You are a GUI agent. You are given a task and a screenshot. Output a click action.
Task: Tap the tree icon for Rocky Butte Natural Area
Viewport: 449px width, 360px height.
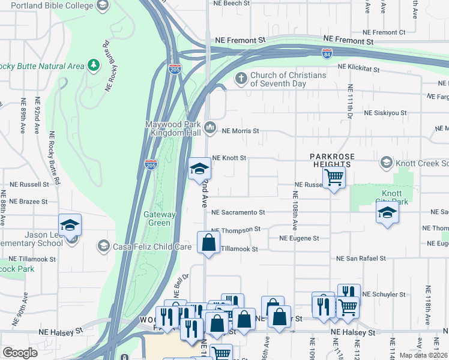(x=93, y=64)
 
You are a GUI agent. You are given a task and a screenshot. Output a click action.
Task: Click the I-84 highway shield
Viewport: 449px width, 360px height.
(x=327, y=53)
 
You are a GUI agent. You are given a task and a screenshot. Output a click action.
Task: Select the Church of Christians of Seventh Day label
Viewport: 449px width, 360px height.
(x=288, y=79)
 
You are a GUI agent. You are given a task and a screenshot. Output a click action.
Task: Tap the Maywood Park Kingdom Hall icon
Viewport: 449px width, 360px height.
(x=210, y=127)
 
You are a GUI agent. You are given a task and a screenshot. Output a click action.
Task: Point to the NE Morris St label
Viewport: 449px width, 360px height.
(x=240, y=130)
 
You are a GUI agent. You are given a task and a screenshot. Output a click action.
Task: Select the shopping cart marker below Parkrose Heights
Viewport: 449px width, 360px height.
(x=334, y=178)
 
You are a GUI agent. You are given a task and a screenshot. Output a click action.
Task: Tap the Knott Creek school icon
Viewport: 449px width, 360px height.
(x=387, y=163)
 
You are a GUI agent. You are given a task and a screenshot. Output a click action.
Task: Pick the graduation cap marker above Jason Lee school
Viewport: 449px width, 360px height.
(x=70, y=225)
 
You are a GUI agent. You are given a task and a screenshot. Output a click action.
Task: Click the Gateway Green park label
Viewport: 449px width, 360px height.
(x=160, y=218)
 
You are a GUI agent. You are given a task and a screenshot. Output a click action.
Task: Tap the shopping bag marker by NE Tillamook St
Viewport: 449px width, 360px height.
(x=208, y=243)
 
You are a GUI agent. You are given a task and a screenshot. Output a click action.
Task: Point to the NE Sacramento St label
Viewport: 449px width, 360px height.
(x=238, y=212)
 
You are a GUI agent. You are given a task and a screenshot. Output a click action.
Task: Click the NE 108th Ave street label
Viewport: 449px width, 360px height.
(x=295, y=211)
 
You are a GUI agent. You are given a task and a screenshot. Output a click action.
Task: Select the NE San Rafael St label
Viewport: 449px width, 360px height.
(x=364, y=259)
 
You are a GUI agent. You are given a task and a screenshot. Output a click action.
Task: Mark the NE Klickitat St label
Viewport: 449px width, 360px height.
(x=358, y=68)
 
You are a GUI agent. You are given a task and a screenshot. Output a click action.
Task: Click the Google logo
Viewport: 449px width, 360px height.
(x=20, y=353)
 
